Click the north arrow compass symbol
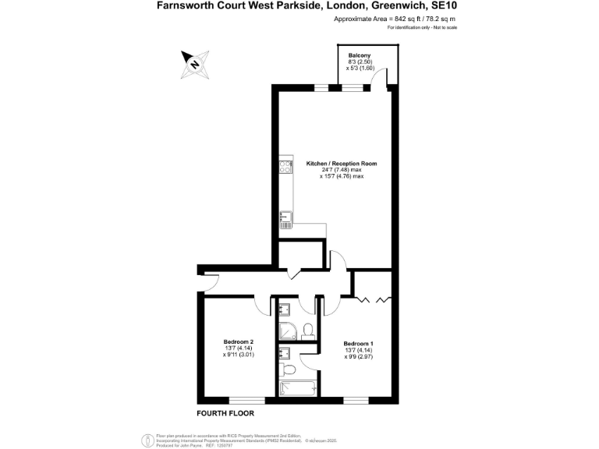click(195, 61)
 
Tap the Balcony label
click(360, 55)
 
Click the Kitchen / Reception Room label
click(342, 164)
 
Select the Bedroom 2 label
click(238, 341)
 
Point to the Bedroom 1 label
click(358, 344)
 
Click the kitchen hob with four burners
click(285, 167)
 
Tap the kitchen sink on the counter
click(285, 220)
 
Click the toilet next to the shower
click(307, 329)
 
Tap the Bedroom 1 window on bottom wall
click(356, 401)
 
